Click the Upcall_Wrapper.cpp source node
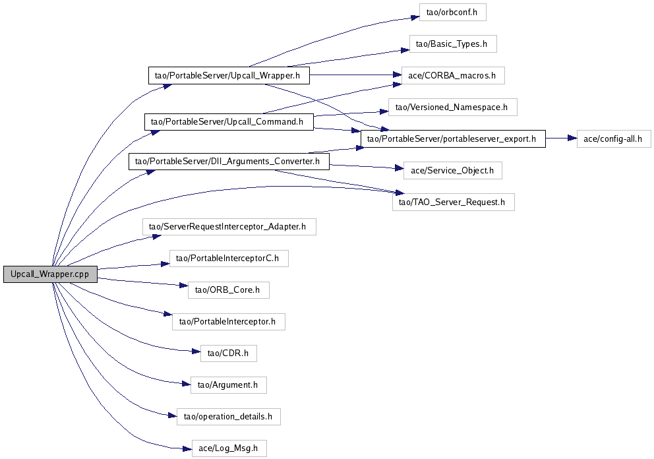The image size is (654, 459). click(49, 274)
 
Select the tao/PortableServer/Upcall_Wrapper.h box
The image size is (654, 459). click(228, 75)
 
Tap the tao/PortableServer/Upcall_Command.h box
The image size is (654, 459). click(228, 121)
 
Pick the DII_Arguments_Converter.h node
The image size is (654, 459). click(228, 161)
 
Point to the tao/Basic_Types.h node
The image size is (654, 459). click(452, 44)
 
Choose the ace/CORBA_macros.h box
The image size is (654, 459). click(452, 75)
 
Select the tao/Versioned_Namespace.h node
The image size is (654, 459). click(452, 106)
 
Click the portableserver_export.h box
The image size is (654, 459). click(453, 138)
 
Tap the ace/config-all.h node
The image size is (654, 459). click(614, 138)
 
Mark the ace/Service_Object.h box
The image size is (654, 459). click(452, 170)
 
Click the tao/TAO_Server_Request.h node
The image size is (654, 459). click(453, 202)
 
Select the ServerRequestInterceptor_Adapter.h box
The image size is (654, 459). click(229, 227)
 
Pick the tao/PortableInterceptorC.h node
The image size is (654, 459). click(229, 259)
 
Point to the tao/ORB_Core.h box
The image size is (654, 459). click(229, 290)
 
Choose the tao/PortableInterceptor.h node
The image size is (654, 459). click(228, 322)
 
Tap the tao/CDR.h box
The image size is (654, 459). click(228, 353)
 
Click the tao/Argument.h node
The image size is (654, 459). click(228, 384)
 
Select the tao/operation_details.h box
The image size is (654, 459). click(229, 416)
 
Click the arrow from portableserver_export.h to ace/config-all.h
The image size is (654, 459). click(560, 138)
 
